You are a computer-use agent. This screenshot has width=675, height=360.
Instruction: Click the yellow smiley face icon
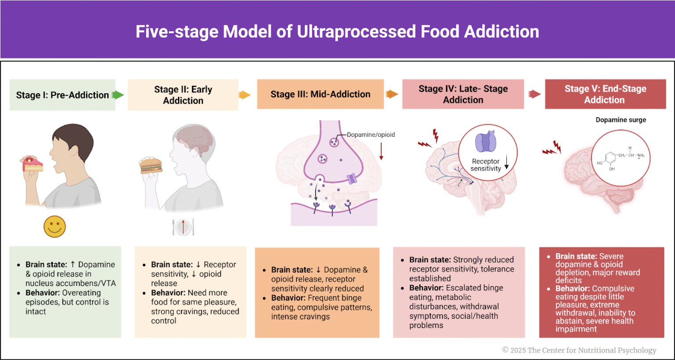(x=54, y=227)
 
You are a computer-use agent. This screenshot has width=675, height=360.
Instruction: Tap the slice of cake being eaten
(x=33, y=164)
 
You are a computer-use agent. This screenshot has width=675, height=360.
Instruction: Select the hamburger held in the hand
(x=151, y=166)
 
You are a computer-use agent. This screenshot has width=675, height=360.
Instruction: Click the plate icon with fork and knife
(x=183, y=227)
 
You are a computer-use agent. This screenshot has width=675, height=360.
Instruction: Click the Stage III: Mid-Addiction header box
(x=320, y=94)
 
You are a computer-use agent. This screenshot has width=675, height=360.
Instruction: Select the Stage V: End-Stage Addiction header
(x=605, y=94)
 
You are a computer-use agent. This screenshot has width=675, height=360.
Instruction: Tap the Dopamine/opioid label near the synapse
(x=370, y=135)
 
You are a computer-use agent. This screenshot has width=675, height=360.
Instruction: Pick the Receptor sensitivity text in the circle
(x=486, y=165)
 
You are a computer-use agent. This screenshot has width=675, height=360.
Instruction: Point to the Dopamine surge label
(x=621, y=120)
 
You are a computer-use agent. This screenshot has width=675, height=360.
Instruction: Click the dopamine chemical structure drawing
(x=620, y=158)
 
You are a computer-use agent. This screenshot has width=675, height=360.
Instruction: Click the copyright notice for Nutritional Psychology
(x=579, y=350)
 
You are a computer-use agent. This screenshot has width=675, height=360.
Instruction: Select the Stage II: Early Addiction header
(x=183, y=95)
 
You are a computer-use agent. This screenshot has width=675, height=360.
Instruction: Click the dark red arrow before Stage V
(x=534, y=94)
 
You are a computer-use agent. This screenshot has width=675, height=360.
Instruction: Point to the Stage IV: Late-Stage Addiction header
(x=463, y=94)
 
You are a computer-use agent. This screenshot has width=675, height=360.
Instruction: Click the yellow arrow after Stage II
(x=244, y=95)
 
